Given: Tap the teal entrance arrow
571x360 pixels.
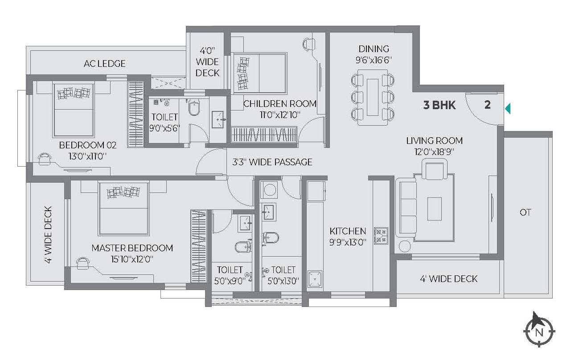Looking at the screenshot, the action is coord(508,108).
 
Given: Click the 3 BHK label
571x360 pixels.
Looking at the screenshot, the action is coord(440,105).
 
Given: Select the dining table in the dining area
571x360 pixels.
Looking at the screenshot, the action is coord(373,97).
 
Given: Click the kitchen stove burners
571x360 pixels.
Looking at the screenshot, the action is coord(381,236).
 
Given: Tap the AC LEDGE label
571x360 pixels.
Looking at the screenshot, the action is coord(104,63).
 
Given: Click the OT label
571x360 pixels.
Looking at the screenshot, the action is coord(526,212).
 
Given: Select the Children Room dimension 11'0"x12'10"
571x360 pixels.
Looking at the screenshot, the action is coord(279,115).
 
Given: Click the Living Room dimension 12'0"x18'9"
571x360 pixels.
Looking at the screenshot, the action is coord(434,152).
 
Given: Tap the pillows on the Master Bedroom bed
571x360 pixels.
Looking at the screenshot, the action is coord(123,192).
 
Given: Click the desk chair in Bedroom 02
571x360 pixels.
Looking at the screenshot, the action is coord(45,159).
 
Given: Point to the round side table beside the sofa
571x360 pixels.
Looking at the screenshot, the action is coord(405,246).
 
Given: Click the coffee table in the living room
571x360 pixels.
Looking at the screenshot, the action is coord(434,209).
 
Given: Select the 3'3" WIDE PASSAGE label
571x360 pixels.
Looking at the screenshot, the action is coord(272,162).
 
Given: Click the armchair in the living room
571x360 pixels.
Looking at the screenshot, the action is coord(435,169).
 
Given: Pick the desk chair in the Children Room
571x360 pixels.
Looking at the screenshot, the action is coord(309,44).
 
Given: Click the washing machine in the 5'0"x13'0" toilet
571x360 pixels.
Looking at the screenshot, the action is coord(269,189).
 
